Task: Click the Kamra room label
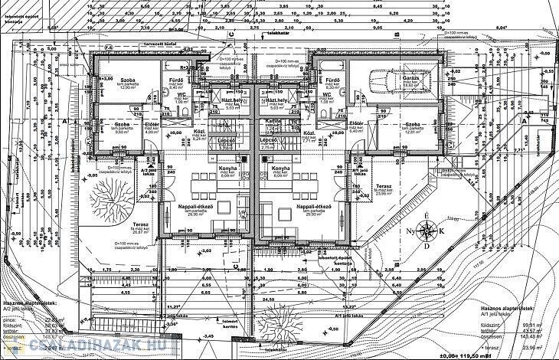pyautogui.click(x=269, y=122)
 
